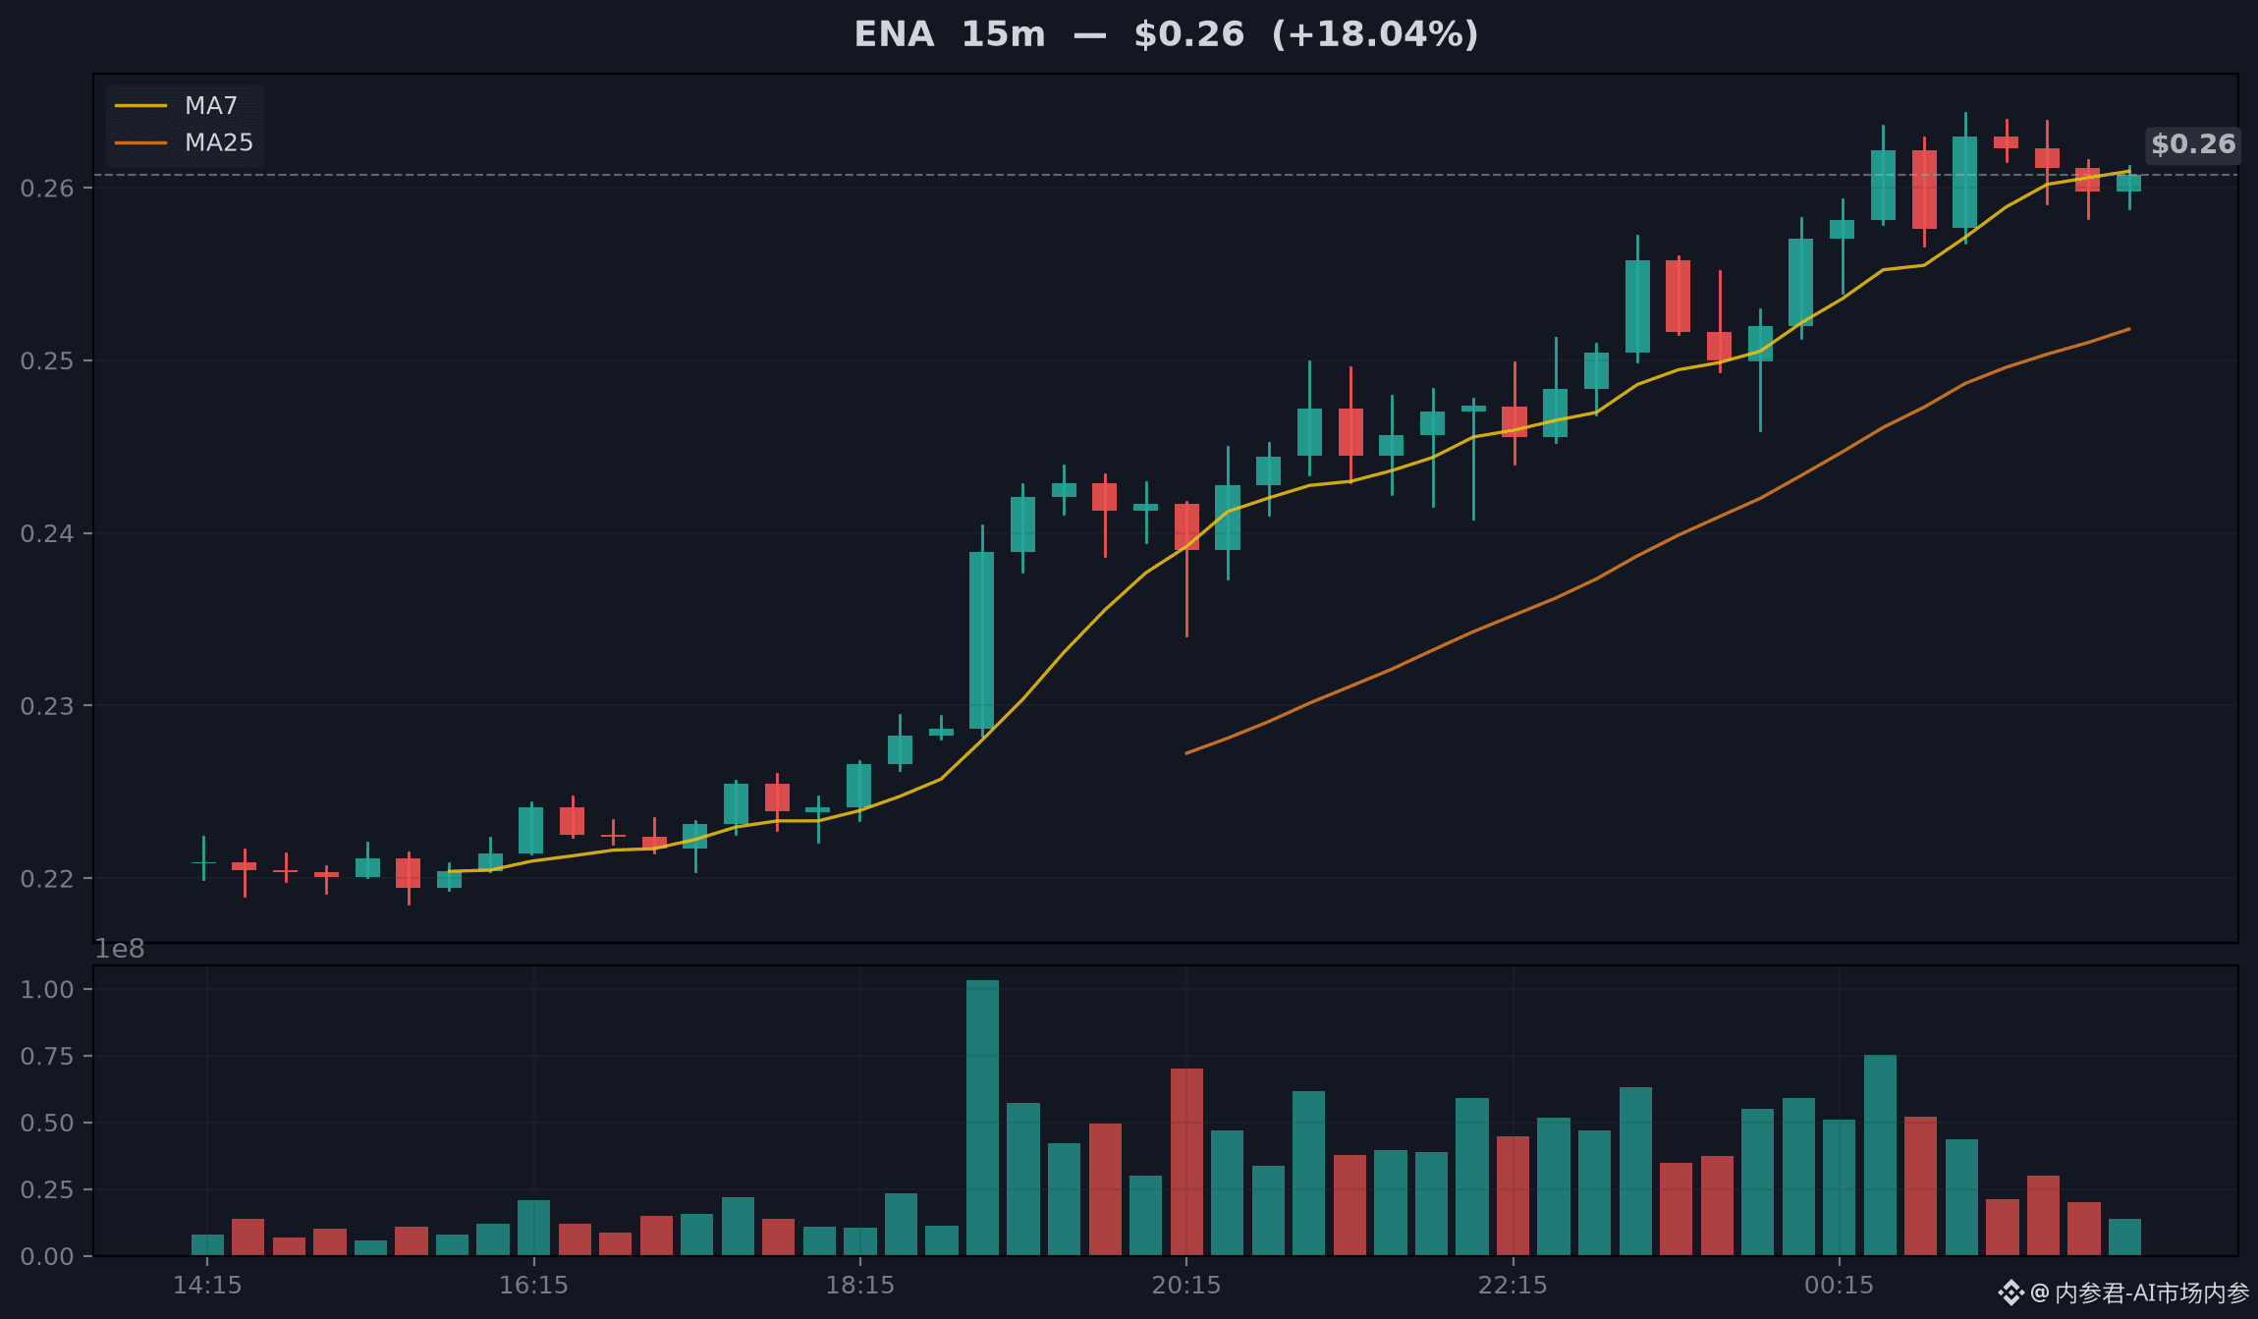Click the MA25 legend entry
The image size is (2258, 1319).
point(184,142)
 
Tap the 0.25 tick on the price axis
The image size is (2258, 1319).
point(47,360)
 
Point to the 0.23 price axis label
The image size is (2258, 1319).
point(47,706)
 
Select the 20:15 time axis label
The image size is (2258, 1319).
point(1186,1285)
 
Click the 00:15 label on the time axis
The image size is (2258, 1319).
point(1839,1285)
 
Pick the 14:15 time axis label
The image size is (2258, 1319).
point(207,1285)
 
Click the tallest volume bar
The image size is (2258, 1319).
point(982,1118)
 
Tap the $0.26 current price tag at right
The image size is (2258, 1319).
point(2193,144)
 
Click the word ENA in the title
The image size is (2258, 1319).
point(894,34)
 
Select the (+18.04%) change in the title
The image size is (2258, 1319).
point(1375,34)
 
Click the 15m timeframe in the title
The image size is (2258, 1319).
point(1003,34)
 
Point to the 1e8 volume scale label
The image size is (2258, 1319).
point(119,949)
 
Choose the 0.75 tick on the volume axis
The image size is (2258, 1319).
point(47,1056)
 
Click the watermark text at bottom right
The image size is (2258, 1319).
point(2123,1292)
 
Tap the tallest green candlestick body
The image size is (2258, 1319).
point(981,640)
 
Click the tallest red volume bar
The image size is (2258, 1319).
point(1186,1162)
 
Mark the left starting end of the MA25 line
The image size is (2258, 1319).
point(1186,753)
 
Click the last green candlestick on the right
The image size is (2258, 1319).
point(2128,183)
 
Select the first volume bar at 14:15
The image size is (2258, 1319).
point(207,1245)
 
